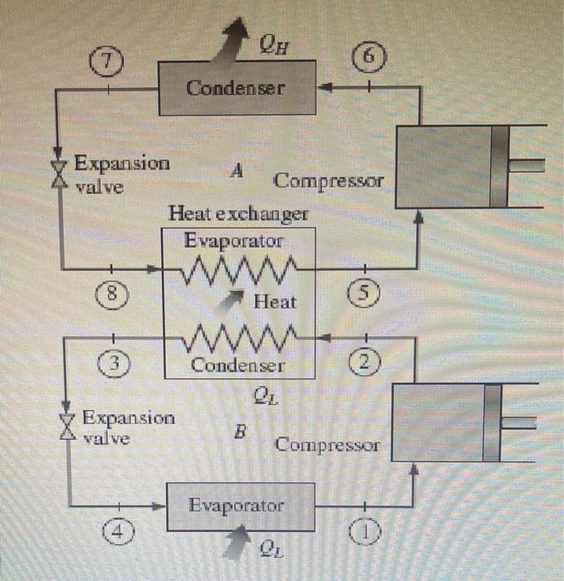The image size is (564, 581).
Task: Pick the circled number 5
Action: (x=369, y=292)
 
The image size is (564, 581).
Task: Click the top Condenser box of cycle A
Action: (x=237, y=87)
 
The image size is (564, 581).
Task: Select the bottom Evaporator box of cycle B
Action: (x=236, y=505)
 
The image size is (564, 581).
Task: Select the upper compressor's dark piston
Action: (x=498, y=165)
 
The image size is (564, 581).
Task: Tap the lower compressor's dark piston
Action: (x=495, y=422)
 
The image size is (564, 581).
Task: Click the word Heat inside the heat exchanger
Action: (x=274, y=302)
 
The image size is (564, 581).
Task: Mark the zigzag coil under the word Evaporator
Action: (x=240, y=268)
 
